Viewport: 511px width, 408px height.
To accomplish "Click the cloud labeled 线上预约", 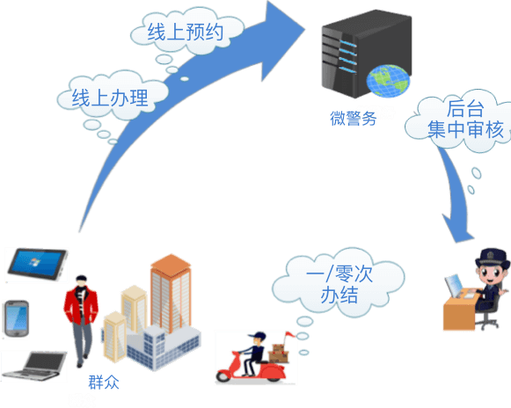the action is pos(186,32).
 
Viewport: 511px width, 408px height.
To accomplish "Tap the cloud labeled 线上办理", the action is pos(112,97).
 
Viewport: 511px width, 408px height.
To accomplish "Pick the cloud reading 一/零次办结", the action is pos(339,283).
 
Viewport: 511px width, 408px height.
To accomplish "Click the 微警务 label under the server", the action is pos(354,118).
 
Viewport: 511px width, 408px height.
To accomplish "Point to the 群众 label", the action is pos(104,382).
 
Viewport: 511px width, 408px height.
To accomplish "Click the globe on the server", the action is pos(388,81).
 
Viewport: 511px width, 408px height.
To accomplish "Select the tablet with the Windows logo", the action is pos(38,264).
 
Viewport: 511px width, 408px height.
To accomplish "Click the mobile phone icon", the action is pos(17,318).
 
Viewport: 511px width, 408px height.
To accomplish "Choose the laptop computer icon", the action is pos(35,366).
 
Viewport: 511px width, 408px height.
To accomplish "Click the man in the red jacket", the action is pos(81,321).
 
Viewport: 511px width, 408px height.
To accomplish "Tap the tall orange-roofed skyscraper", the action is pos(171,294).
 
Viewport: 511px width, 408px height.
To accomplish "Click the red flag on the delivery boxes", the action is pos(289,334).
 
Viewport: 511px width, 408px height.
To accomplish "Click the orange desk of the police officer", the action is pos(460,310).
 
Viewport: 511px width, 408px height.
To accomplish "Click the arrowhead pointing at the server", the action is pos(282,40).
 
